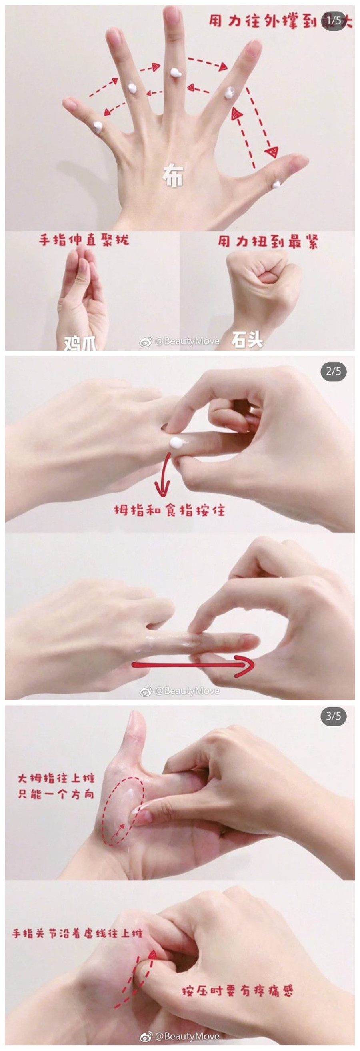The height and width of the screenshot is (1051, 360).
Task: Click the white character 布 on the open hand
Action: tap(173, 176)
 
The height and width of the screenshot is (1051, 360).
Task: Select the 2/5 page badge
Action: tap(333, 371)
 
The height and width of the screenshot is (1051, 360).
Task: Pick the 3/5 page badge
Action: tap(333, 716)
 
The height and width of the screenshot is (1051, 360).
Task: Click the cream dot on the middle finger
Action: tap(176, 73)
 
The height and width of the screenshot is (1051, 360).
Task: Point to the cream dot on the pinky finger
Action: tap(98, 126)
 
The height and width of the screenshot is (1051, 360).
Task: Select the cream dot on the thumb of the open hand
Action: tap(277, 184)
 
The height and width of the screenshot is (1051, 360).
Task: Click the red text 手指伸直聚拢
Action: tap(84, 240)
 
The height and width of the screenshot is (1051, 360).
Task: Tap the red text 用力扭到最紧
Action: tap(267, 241)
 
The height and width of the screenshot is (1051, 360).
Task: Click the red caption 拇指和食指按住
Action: tap(169, 510)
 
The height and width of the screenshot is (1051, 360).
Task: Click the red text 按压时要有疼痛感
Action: tap(237, 991)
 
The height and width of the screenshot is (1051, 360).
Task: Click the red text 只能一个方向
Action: tap(56, 794)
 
